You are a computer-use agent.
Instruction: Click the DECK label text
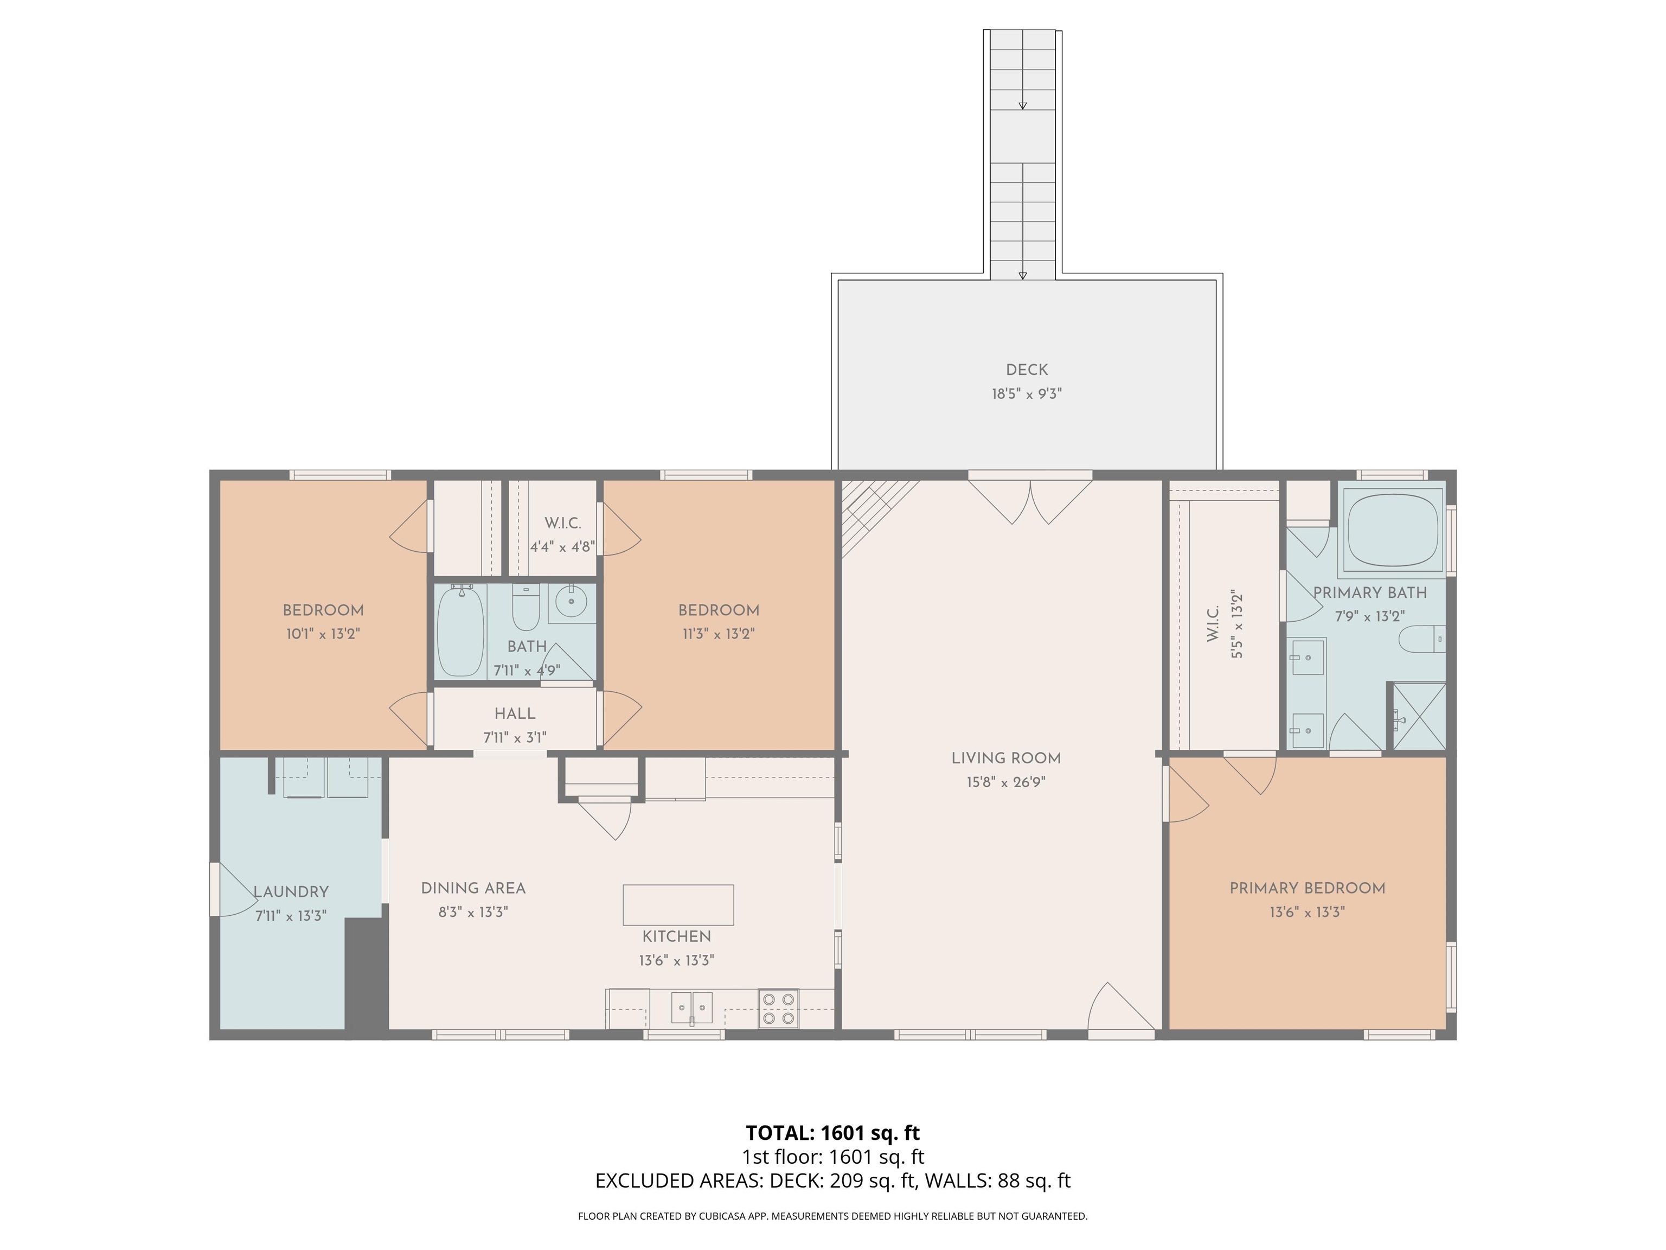[1027, 370]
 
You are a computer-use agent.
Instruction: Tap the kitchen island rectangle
[678, 905]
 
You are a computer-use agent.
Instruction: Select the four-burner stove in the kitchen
[778, 1008]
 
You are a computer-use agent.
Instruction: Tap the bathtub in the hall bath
[460, 632]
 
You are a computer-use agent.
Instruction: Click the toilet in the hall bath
[526, 607]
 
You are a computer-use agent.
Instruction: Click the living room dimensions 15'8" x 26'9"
[1005, 783]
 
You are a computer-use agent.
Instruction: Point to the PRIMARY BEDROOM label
[1307, 888]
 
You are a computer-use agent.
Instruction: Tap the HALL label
[515, 713]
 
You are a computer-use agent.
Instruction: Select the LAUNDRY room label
[291, 892]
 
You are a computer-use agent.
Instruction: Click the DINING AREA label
[473, 888]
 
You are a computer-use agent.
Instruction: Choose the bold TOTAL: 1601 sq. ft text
[832, 1132]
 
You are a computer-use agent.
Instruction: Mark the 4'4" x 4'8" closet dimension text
[562, 547]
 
